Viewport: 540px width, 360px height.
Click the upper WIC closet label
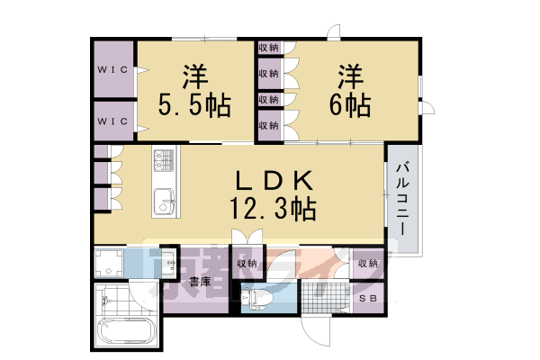click(x=113, y=70)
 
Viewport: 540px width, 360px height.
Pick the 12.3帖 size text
click(x=270, y=211)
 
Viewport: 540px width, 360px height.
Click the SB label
click(x=367, y=298)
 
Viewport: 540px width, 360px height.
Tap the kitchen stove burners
click(x=164, y=162)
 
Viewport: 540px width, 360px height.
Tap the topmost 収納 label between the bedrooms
click(x=267, y=48)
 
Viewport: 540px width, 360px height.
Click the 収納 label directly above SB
click(x=367, y=264)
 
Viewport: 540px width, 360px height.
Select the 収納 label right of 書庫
click(x=247, y=264)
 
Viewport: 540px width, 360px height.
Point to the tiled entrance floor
click(x=325, y=298)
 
